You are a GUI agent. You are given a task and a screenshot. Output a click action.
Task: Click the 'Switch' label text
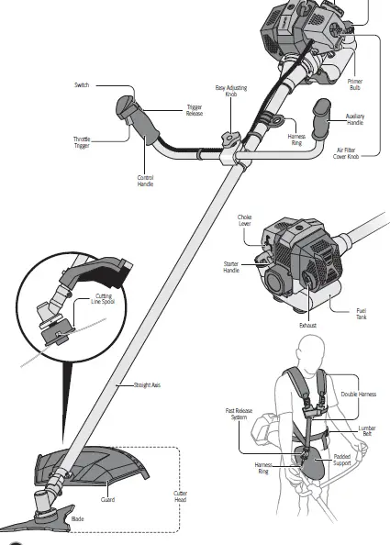(x=82, y=85)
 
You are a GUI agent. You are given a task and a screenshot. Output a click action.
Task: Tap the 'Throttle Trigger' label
(x=82, y=142)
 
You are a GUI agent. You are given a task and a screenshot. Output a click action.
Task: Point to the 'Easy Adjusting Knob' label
(x=232, y=91)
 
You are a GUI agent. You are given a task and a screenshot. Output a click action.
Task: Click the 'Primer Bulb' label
(x=354, y=84)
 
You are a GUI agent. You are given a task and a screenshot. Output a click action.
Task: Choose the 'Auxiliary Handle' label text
(x=354, y=119)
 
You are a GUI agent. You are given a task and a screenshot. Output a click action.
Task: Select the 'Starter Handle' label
(x=231, y=268)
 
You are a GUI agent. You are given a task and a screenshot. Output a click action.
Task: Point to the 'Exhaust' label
(x=307, y=324)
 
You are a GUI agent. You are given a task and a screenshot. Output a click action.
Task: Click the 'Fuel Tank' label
(x=362, y=314)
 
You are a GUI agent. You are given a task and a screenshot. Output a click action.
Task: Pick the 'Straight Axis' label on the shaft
(x=148, y=384)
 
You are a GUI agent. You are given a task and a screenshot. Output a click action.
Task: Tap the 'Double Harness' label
(x=358, y=394)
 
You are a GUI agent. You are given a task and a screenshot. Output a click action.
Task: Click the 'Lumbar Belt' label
(x=367, y=430)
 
